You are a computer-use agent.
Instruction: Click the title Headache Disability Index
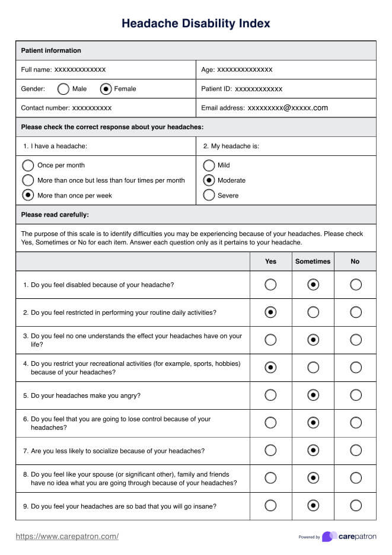point(196,24)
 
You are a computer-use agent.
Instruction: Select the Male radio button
point(63,89)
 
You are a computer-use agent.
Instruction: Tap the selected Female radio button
point(106,89)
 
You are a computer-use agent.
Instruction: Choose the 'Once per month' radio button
point(28,165)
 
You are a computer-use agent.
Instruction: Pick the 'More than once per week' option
point(28,195)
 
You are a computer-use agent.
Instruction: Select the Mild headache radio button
point(209,165)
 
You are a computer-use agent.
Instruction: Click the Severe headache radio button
point(209,195)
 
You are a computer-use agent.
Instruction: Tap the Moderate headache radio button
point(209,180)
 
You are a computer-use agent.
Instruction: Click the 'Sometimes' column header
point(313,261)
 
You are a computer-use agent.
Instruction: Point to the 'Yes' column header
point(270,261)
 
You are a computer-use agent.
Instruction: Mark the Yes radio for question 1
point(270,285)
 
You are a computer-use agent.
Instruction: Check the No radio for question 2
point(356,312)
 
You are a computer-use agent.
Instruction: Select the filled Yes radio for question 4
point(270,368)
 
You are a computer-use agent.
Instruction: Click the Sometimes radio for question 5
point(313,395)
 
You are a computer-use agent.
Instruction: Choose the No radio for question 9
point(356,505)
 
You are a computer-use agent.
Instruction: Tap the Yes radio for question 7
point(270,451)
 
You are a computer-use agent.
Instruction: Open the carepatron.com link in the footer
point(67,537)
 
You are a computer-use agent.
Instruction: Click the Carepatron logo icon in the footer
point(329,537)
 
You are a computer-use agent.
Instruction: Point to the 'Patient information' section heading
point(51,51)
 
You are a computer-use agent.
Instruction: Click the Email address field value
point(288,108)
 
